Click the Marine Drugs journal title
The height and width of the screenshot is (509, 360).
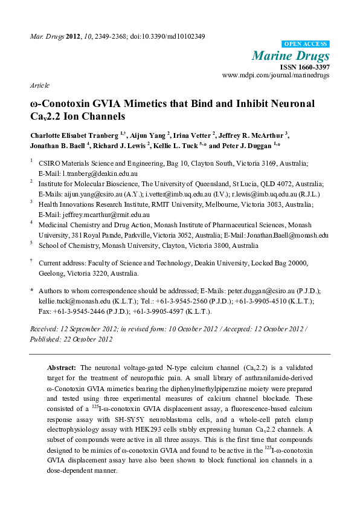300,56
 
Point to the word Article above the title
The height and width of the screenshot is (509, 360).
39,86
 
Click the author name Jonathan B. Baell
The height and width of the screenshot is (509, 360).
57,146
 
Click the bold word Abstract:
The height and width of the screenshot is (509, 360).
62,368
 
